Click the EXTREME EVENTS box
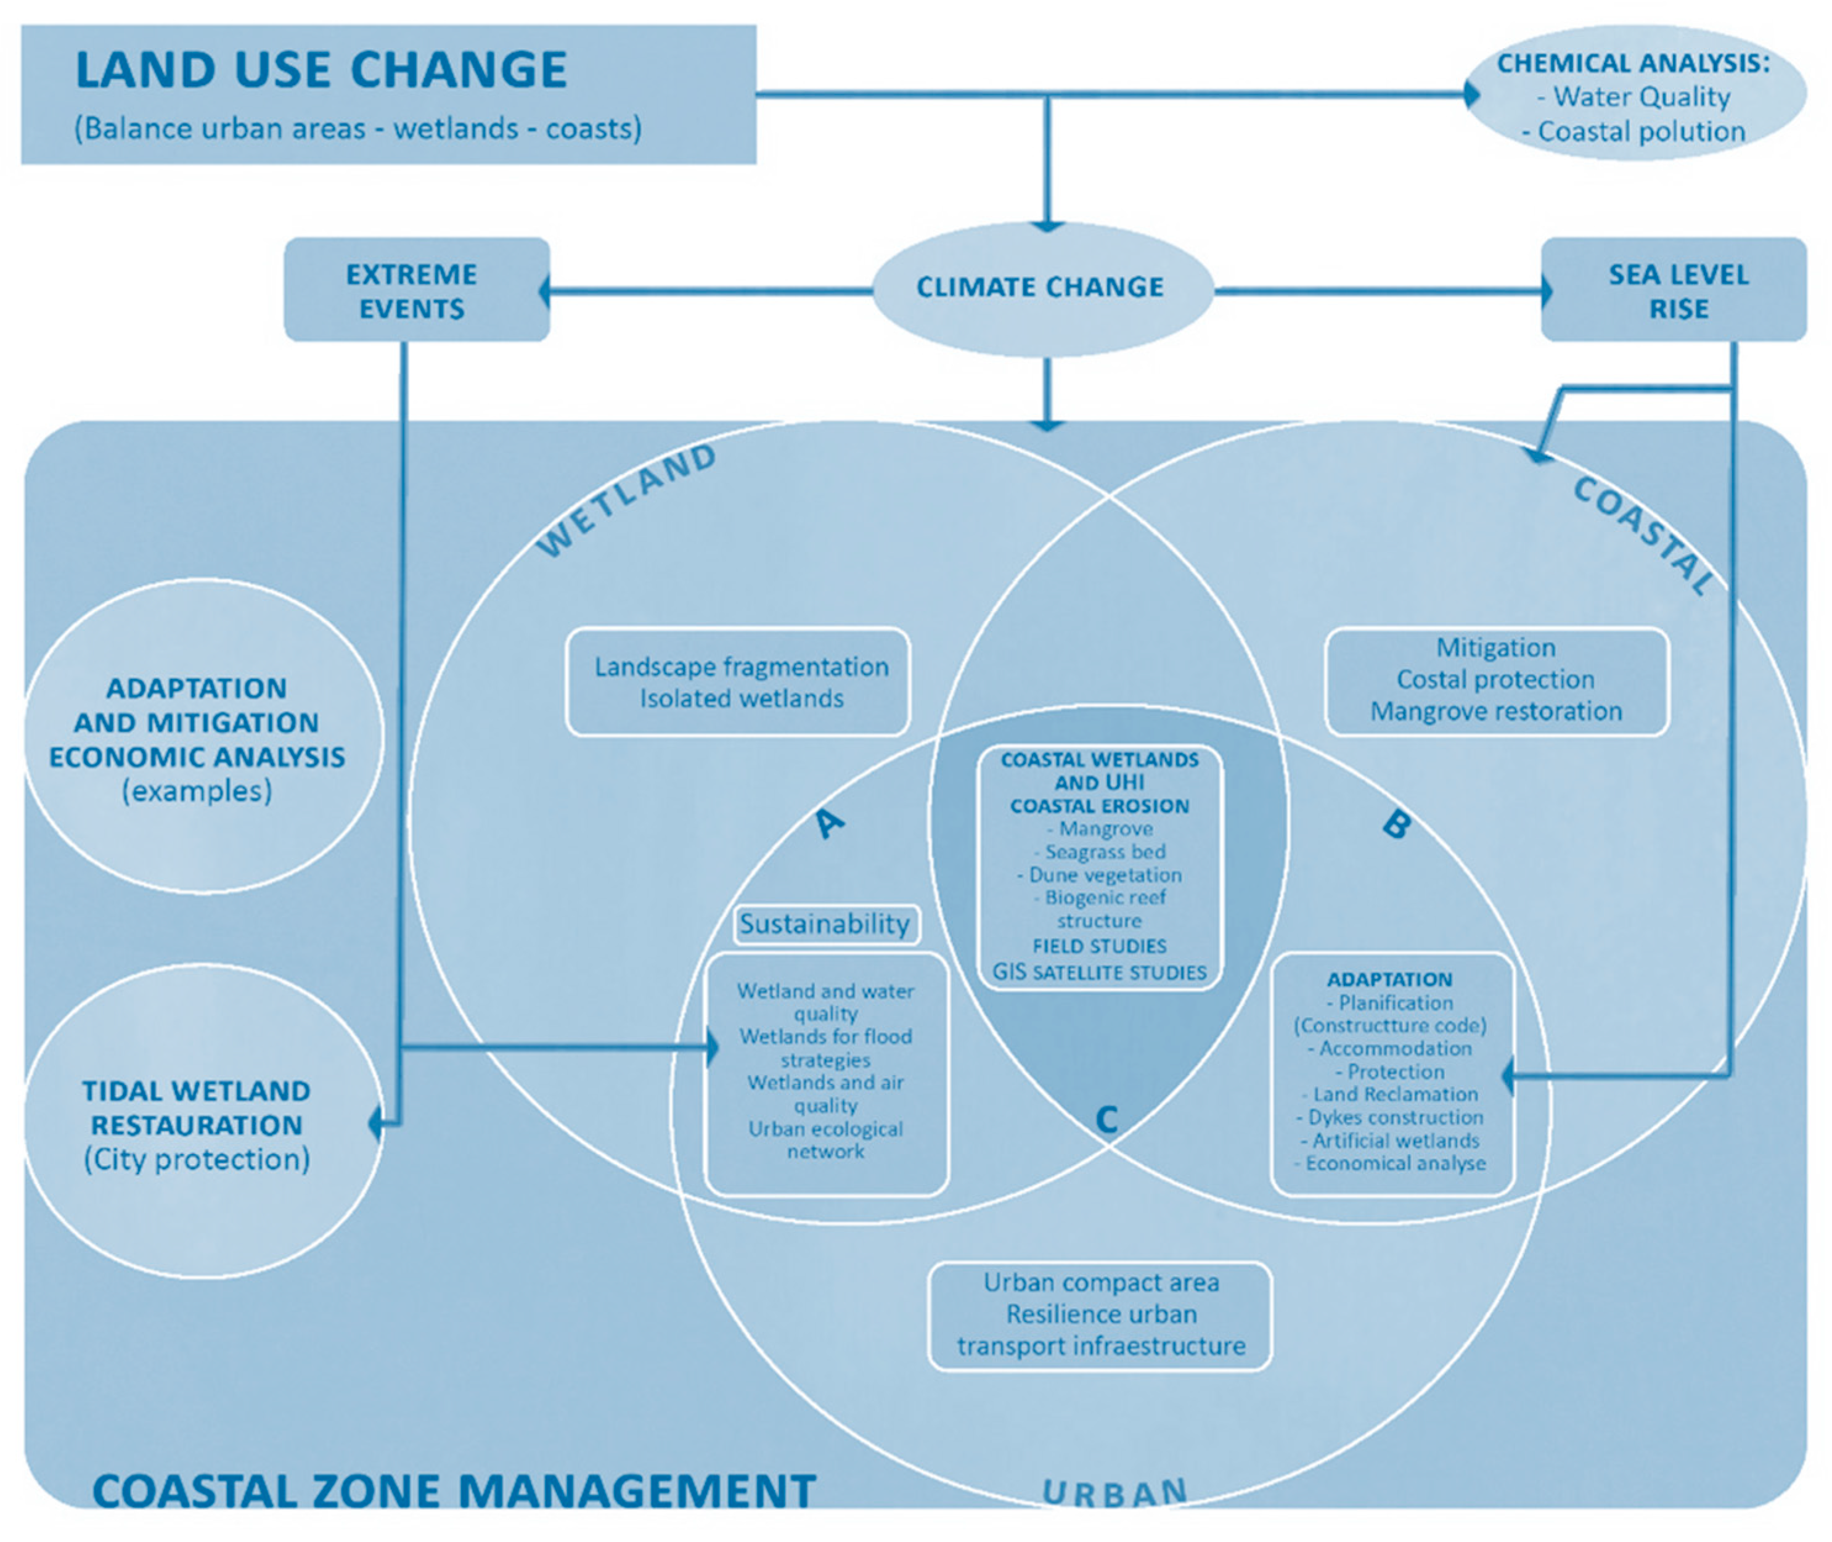click(x=414, y=290)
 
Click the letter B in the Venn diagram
click(x=1396, y=824)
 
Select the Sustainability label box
click(x=825, y=924)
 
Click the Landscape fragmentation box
click(x=740, y=683)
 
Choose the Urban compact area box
click(x=1100, y=1314)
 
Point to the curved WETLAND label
click(x=626, y=500)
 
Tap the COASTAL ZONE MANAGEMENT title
click(x=454, y=1491)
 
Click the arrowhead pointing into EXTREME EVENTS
click(x=546, y=291)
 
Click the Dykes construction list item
click(x=1395, y=1117)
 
